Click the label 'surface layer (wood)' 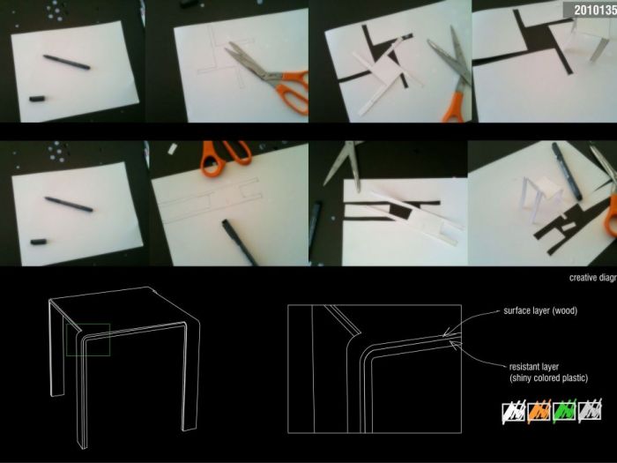tap(539, 311)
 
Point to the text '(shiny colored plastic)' tap(547, 377)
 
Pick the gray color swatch tap(589, 410)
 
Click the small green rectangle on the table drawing tap(87, 340)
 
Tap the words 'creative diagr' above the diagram tap(592, 277)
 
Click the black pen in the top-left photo tap(67, 63)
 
